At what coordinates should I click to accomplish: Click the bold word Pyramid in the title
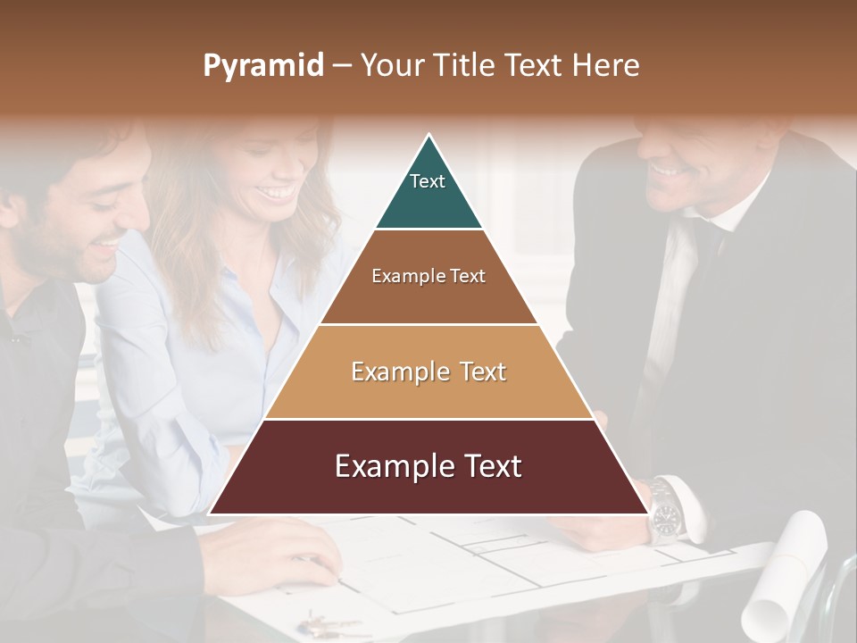(x=263, y=65)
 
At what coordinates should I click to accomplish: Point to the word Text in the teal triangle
(x=428, y=181)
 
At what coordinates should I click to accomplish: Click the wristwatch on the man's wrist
(x=665, y=513)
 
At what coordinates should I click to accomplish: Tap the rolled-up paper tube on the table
(x=786, y=572)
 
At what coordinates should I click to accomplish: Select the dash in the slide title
(x=342, y=65)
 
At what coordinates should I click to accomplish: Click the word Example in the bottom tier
(x=389, y=466)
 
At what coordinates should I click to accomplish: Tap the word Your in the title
(x=390, y=65)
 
